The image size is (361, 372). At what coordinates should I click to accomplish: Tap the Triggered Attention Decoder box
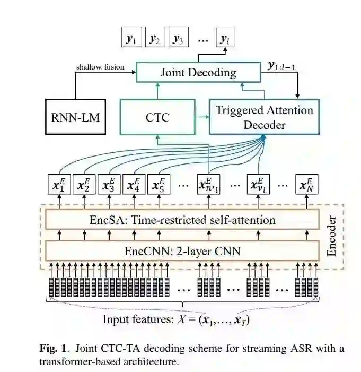[x=264, y=117]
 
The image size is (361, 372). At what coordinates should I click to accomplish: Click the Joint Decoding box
[x=199, y=72]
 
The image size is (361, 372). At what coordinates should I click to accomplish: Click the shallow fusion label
[x=100, y=67]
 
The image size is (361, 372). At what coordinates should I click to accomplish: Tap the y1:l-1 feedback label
[x=286, y=66]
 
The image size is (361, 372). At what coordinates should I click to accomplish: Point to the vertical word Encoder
[x=332, y=235]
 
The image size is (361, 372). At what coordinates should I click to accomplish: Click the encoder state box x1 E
[x=59, y=185]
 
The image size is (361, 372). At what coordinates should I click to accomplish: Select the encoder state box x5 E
[x=159, y=185]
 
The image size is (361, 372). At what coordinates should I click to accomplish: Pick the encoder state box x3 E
[x=109, y=185]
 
